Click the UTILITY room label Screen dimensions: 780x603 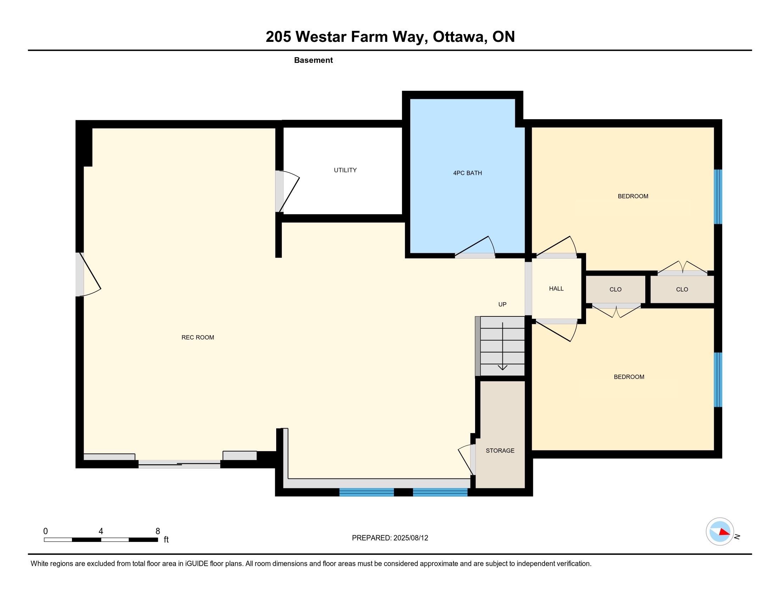(x=345, y=170)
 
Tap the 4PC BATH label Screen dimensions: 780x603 (x=468, y=173)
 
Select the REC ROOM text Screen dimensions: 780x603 (x=198, y=337)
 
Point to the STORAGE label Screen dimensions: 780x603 (x=500, y=450)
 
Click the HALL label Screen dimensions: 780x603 (x=556, y=288)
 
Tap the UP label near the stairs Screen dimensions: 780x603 (x=502, y=304)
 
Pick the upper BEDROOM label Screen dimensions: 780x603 (x=633, y=196)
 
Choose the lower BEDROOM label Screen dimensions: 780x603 (x=629, y=376)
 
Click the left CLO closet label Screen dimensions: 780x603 (x=615, y=289)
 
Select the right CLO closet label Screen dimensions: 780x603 (x=682, y=289)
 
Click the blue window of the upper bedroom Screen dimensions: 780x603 (x=718, y=197)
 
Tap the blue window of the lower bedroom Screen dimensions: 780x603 (x=718, y=380)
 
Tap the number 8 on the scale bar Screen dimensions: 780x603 (x=158, y=531)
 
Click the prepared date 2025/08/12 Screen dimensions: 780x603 (x=411, y=538)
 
